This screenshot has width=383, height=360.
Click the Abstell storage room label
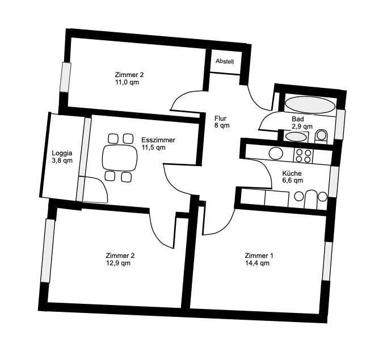pos(225,61)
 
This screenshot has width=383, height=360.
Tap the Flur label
pos(221,118)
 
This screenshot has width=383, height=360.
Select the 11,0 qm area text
pos(127,82)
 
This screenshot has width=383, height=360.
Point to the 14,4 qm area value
pos(257,263)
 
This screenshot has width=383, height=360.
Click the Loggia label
pos(62,153)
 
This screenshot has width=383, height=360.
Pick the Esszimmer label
pos(158,140)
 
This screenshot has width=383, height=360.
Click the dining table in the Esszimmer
pos(120,158)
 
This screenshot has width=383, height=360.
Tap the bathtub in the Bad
pos(310,105)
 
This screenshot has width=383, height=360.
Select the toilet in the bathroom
pos(321,136)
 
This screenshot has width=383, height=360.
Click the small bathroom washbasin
pos(296,137)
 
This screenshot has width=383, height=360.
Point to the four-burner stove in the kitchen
pos(304,156)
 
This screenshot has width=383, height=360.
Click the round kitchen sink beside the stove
pos(276,154)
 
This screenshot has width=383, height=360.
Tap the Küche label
pos(292,173)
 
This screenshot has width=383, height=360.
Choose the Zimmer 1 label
pos(259,256)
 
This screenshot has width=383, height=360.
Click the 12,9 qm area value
pos(118,263)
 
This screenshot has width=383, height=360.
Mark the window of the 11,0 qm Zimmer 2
pos(65,77)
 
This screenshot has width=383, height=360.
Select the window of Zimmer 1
pos(327,261)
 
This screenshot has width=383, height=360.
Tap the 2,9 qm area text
pos(302,126)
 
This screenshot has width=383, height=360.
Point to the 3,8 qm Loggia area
pos(62,160)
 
